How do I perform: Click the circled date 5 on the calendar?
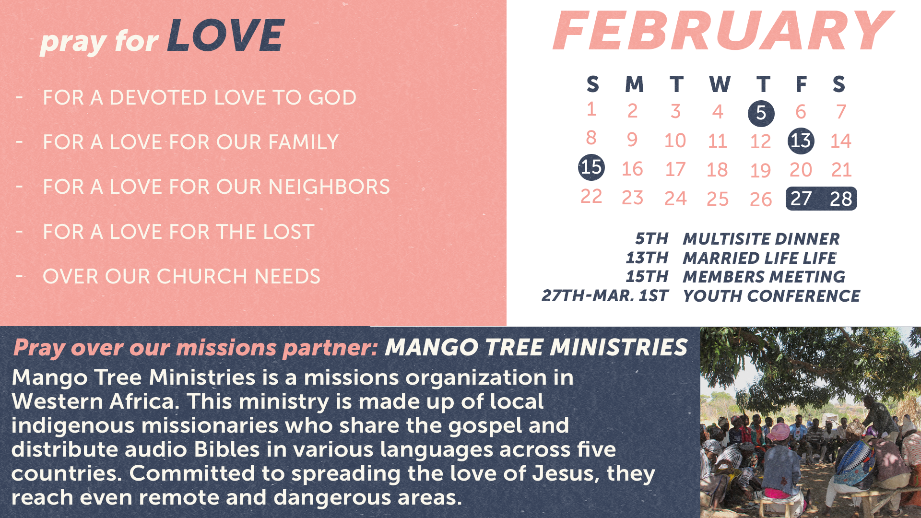tap(761, 113)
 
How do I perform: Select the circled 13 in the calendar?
tap(801, 141)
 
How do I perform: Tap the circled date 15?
tap(591, 167)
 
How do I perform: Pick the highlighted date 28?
tap(841, 199)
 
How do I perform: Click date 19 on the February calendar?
tap(760, 170)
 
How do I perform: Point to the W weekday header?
tap(720, 84)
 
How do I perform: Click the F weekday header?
tap(801, 84)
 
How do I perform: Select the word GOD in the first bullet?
tap(332, 98)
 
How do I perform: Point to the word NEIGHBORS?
tap(329, 187)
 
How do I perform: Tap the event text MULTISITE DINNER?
tap(761, 239)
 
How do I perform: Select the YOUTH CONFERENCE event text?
tap(771, 296)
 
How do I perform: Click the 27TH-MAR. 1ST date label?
tap(605, 296)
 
